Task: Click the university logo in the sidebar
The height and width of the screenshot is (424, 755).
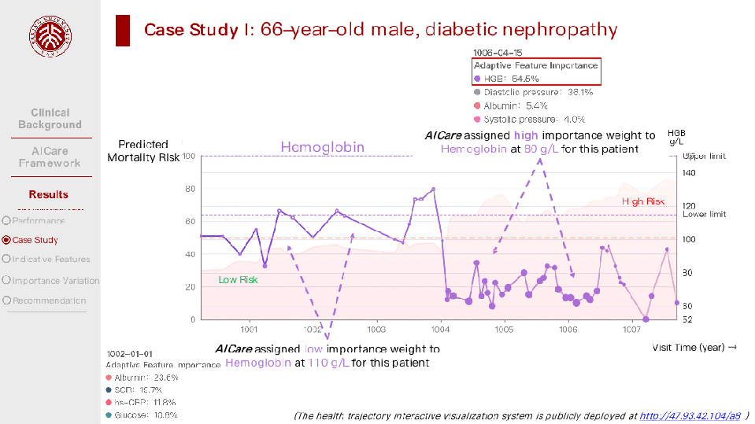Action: tap(50, 38)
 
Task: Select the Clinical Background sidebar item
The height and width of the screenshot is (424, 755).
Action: tap(50, 119)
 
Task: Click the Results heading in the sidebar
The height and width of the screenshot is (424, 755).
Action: tap(49, 194)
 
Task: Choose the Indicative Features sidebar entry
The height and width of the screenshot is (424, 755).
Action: tap(51, 259)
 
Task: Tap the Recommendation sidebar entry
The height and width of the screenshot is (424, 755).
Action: tap(49, 300)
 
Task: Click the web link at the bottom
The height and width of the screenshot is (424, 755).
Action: tap(690, 415)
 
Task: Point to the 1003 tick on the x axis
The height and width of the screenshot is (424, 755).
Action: tap(376, 330)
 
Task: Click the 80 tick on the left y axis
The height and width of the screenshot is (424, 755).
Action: tap(190, 189)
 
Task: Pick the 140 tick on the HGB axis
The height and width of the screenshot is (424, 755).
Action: tap(689, 173)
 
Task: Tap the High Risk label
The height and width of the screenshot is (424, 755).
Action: tap(643, 201)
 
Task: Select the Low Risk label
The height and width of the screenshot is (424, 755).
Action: tap(238, 280)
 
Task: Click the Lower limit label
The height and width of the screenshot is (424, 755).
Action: tap(704, 215)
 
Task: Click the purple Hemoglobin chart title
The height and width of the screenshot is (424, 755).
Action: tap(322, 147)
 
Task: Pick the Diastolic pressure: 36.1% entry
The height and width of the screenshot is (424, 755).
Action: tap(538, 92)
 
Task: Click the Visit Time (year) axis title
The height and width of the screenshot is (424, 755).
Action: tap(694, 347)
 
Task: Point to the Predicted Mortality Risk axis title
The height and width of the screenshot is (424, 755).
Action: tap(143, 151)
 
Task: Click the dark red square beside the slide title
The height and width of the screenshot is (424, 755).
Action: tap(123, 31)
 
